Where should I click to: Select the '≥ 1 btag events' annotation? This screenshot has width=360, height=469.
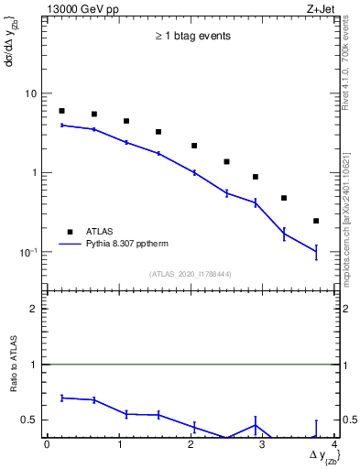point(191,37)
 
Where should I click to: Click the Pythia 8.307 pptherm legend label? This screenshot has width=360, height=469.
point(126,245)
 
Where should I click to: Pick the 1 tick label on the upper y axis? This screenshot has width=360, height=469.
point(37,173)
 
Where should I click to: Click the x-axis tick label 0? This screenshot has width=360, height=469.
point(47,445)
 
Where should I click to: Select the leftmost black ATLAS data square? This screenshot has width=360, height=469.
point(61,111)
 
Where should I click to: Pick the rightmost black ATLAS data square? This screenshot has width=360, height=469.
point(316,221)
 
